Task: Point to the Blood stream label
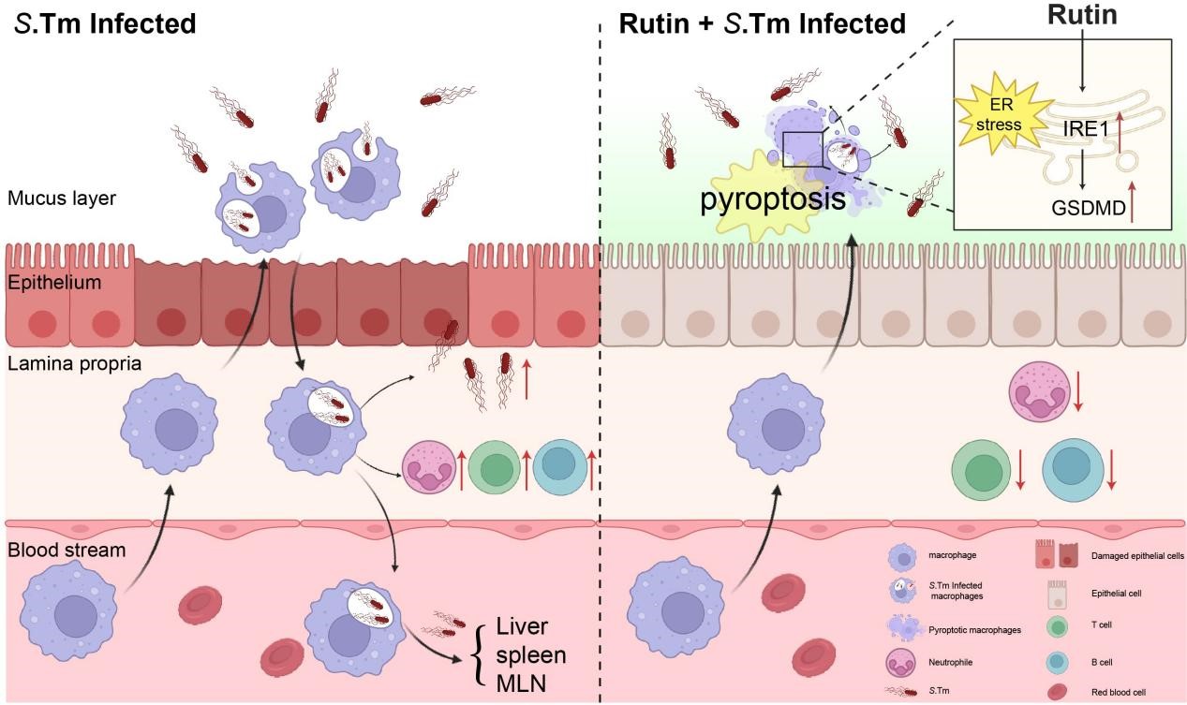coord(66,550)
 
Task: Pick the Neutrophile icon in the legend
coord(901,663)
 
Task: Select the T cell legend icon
coord(1057,627)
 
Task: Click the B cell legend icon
coord(1057,662)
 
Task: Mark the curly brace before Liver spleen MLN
coord(481,655)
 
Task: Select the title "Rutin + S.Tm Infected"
coord(762,24)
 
